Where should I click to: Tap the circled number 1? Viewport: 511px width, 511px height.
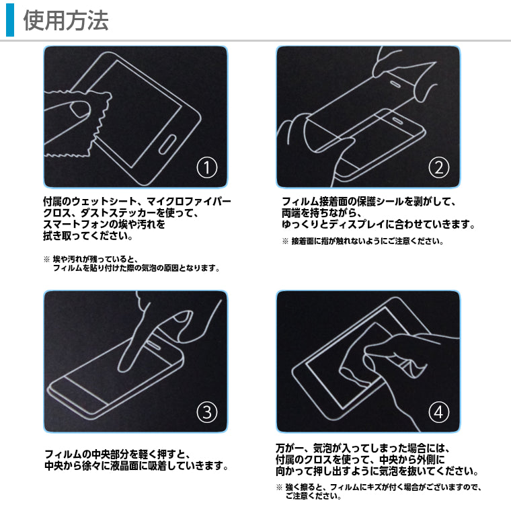pyautogui.click(x=206, y=167)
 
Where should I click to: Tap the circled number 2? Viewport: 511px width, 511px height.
pyautogui.click(x=439, y=167)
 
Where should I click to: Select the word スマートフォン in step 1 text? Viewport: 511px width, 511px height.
pyautogui.click(x=78, y=225)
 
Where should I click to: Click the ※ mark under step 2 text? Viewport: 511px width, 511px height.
pyautogui.click(x=285, y=241)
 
